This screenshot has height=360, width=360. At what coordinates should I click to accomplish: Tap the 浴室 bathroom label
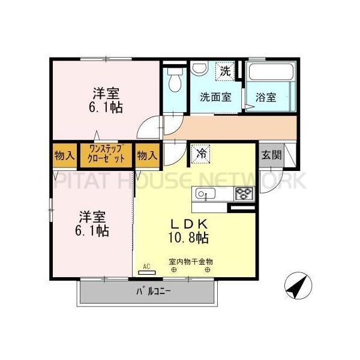click(x=266, y=97)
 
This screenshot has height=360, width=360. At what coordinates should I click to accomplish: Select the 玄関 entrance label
click(x=271, y=154)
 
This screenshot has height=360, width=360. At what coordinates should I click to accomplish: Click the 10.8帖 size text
click(x=188, y=238)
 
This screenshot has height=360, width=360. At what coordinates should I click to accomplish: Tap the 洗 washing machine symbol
click(x=224, y=71)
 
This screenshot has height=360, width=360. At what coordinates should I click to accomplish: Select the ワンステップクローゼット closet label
click(x=107, y=155)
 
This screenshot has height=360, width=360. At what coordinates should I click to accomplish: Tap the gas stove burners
click(x=245, y=193)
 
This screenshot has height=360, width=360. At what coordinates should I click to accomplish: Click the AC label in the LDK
click(x=146, y=266)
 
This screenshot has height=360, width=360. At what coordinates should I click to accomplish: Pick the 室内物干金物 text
click(x=191, y=262)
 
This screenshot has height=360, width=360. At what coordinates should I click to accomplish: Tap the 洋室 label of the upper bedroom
click(x=106, y=94)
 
